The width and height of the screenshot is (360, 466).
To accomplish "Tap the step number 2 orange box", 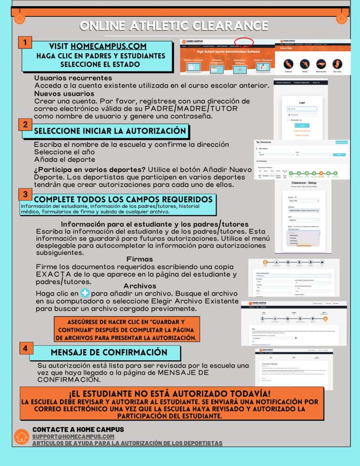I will (x=25, y=124).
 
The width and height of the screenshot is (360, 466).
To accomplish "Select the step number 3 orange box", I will (x=25, y=193).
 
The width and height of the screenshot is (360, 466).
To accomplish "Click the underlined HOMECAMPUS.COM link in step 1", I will (x=109, y=46).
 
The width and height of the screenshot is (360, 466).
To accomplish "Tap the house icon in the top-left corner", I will (x=19, y=18).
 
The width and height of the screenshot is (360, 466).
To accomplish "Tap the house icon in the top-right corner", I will (x=341, y=18).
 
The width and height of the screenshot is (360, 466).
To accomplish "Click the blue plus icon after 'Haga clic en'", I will (x=85, y=293).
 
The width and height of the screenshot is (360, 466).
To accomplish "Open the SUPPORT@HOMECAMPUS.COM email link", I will (x=73, y=436).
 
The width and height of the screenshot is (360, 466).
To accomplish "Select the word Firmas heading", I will (x=140, y=259).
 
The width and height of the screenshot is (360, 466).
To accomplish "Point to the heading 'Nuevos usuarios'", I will (x=64, y=94).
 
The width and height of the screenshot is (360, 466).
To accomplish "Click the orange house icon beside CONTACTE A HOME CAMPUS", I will (x=21, y=436).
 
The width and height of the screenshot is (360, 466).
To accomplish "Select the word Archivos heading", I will (x=140, y=286).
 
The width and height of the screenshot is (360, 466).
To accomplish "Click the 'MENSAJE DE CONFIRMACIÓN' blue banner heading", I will (x=102, y=352).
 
